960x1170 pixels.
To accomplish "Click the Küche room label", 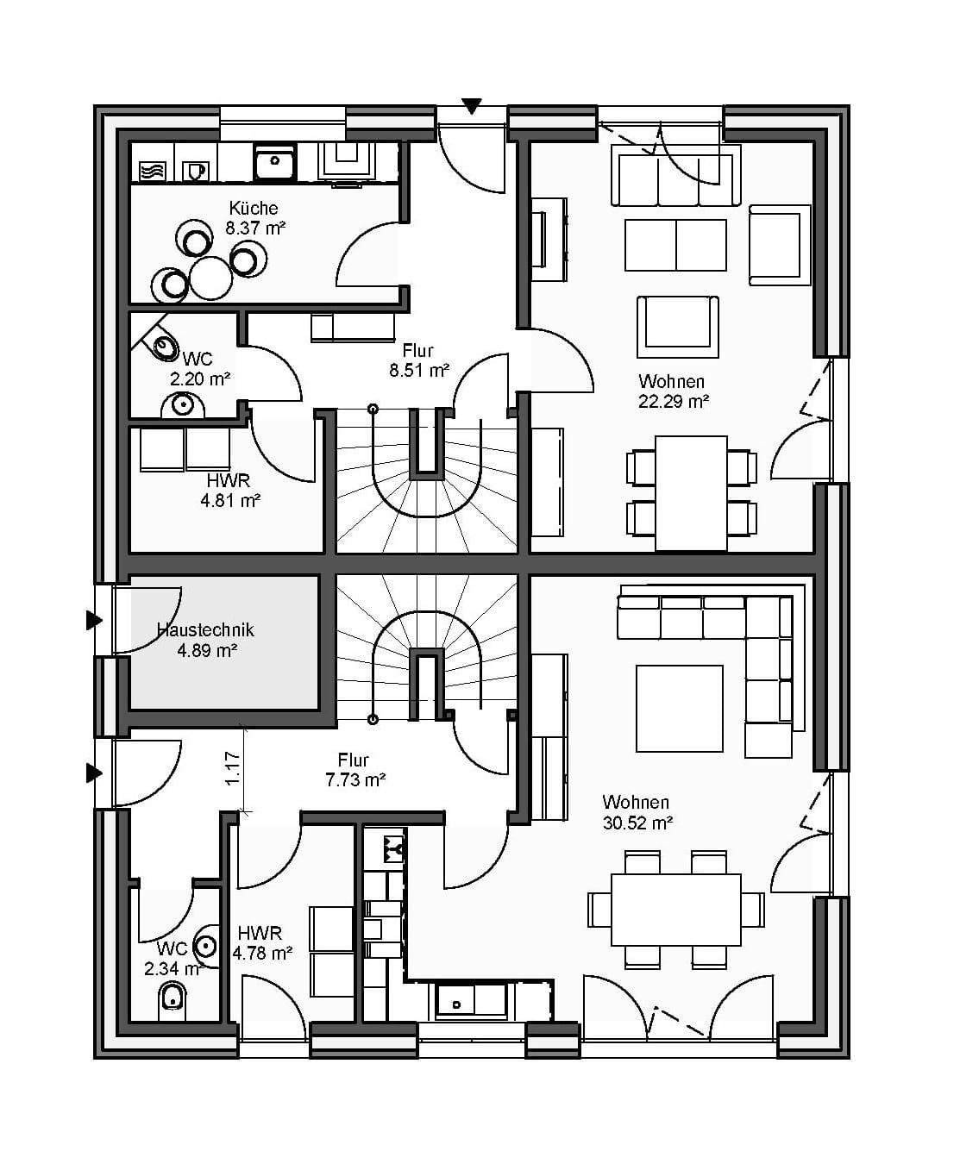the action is coord(254,208).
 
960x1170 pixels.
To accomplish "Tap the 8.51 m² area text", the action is coord(418,371).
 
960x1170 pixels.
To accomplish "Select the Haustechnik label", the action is coord(205,630).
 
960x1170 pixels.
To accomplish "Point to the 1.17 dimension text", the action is coord(232,768).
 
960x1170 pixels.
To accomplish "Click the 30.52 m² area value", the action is coord(637,823).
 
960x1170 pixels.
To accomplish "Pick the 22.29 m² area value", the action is coord(674,401).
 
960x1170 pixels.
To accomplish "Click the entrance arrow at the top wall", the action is coord(471,106).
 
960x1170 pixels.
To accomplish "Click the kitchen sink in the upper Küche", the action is coord(275,161).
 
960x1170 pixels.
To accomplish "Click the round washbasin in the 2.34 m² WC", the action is coord(205,946).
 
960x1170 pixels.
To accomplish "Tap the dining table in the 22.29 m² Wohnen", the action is coord(691,492).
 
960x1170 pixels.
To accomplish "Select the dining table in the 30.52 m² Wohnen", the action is coord(676,910).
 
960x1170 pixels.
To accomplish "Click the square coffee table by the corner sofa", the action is coord(680,709).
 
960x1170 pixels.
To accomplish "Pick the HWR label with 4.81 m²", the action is coord(229,480).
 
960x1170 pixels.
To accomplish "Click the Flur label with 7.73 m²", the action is coord(354,760).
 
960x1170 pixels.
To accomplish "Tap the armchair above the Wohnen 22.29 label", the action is coord(677,326).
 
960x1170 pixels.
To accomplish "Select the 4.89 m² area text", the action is coord(207,651).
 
